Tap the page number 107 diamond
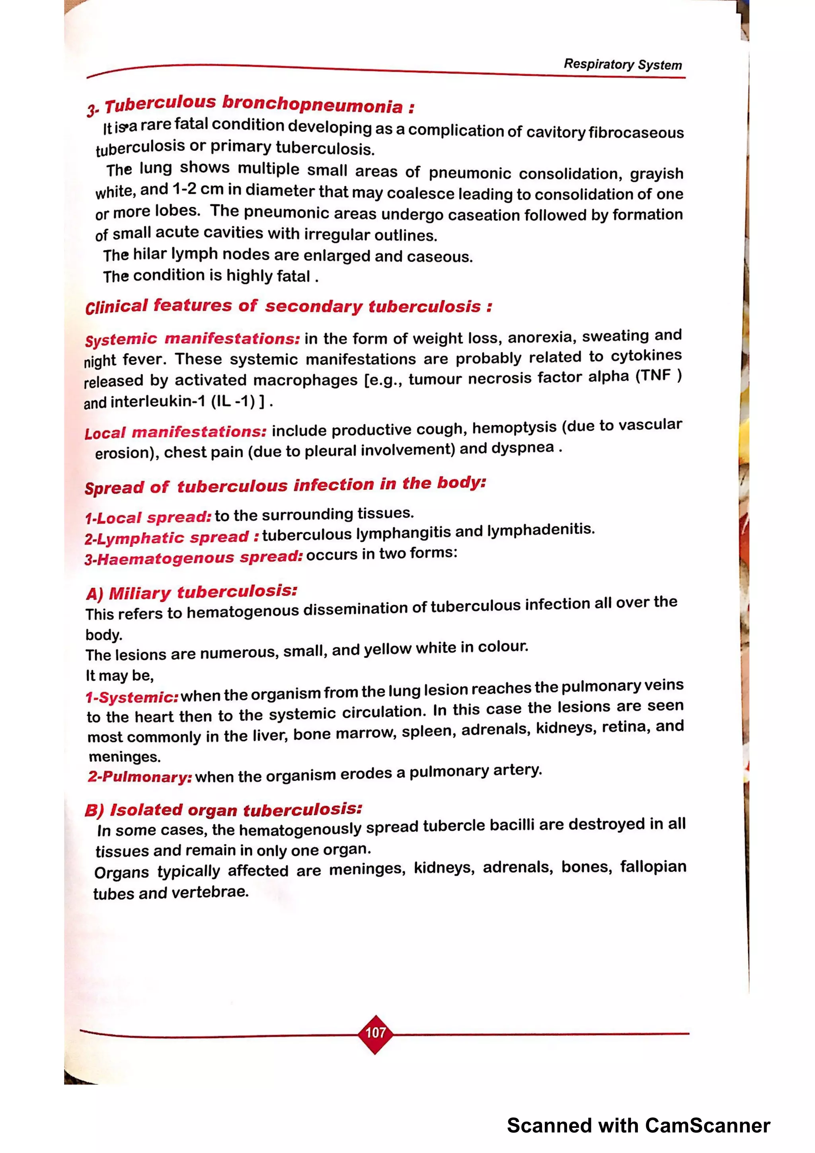(375, 1033)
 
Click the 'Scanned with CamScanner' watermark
(638, 1126)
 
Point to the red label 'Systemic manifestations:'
(192, 339)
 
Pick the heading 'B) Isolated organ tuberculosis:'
(224, 810)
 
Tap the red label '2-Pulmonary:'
(140, 777)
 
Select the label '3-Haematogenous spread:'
(194, 558)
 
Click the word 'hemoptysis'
(514, 428)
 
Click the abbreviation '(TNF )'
(658, 376)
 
